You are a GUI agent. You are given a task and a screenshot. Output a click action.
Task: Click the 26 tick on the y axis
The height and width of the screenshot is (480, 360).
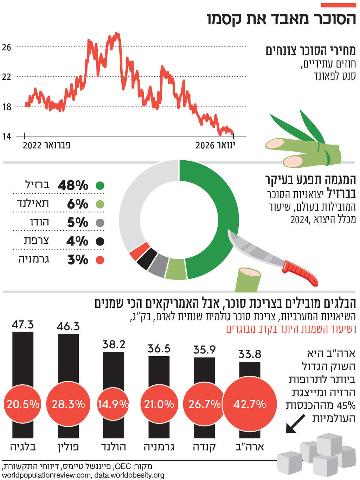(x=7, y=47)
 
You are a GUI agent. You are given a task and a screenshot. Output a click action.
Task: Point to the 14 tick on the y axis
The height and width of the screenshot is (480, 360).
(x=7, y=136)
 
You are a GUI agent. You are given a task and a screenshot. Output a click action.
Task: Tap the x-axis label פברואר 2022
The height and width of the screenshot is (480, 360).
(x=47, y=145)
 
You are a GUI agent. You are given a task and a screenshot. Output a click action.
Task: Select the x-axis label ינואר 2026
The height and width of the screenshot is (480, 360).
(x=215, y=145)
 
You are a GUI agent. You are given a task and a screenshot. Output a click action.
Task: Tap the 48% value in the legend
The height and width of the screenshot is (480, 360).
(x=73, y=185)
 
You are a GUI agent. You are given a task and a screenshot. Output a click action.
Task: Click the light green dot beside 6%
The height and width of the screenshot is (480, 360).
(x=100, y=204)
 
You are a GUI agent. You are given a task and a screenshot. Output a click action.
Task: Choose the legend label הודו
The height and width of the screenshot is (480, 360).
(x=39, y=222)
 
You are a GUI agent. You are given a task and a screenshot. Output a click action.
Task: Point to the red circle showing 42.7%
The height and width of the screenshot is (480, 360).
(x=250, y=404)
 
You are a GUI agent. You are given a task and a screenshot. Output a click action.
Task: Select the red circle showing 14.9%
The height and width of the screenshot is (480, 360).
(x=113, y=404)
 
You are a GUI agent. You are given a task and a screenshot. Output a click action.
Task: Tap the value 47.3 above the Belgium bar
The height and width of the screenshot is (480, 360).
(x=23, y=324)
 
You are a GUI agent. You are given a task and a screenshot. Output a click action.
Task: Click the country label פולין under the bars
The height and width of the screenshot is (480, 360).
(x=68, y=447)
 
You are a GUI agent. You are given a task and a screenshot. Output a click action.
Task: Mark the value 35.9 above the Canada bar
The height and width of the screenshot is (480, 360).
(x=204, y=350)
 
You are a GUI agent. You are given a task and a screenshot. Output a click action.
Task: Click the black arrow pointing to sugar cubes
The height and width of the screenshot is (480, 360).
(x=295, y=424)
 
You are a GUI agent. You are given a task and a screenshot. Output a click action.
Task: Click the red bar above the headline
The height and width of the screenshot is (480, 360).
(x=338, y=5)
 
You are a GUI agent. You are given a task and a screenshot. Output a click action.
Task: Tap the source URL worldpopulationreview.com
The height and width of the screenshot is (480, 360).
(x=46, y=475)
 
